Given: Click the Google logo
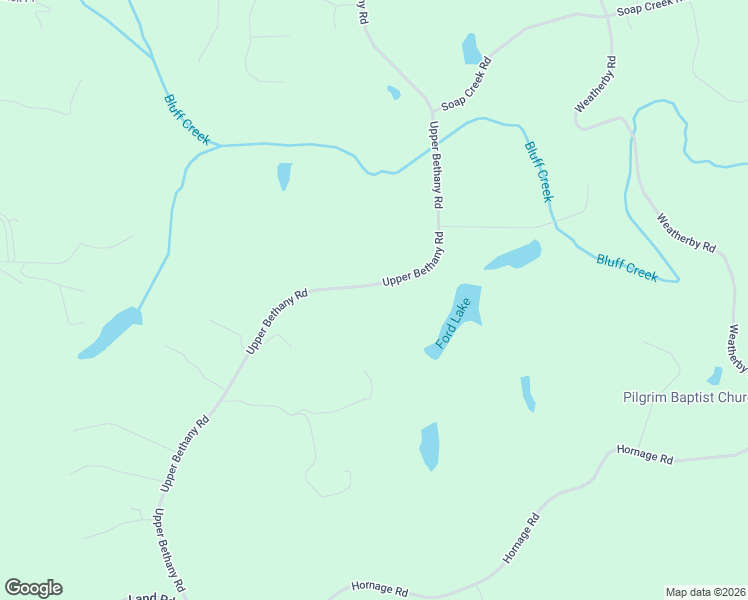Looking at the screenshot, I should [x=33, y=588].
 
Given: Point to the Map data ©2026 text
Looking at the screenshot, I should [x=705, y=592].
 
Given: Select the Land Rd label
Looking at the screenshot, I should [x=151, y=597].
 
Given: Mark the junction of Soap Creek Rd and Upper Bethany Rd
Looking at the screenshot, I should [x=432, y=108].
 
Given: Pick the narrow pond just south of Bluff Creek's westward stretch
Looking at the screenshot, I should [x=285, y=175].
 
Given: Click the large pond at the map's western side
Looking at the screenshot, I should [x=111, y=332].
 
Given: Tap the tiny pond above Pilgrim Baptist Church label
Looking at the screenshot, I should [x=715, y=376].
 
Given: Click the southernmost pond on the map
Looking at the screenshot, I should [x=429, y=446].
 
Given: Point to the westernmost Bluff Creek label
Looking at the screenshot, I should [x=186, y=120].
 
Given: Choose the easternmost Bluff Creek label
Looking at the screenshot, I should [x=627, y=268].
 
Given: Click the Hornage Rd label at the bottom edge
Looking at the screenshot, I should [x=381, y=591].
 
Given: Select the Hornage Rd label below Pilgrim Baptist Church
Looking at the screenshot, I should [x=645, y=455].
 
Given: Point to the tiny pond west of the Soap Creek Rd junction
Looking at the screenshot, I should [x=394, y=93].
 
